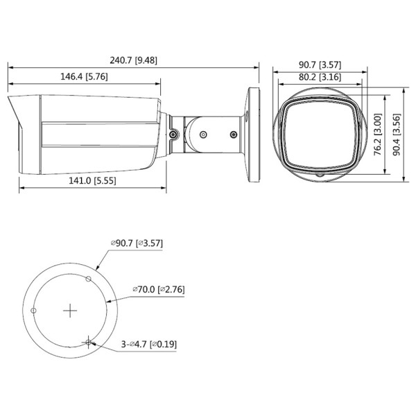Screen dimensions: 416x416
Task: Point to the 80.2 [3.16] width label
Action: [x=320, y=77]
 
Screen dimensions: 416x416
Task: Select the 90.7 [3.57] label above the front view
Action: [x=320, y=64]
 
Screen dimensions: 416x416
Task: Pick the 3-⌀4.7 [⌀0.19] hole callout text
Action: [x=147, y=344]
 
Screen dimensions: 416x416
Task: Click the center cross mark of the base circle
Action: [x=69, y=311]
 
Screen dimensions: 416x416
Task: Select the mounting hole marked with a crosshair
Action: [x=88, y=341]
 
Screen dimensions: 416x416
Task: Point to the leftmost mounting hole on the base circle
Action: [x=33, y=311]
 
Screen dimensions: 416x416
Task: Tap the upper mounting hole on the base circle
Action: [x=87, y=279]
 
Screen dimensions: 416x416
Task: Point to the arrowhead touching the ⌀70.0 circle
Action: [x=110, y=300]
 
